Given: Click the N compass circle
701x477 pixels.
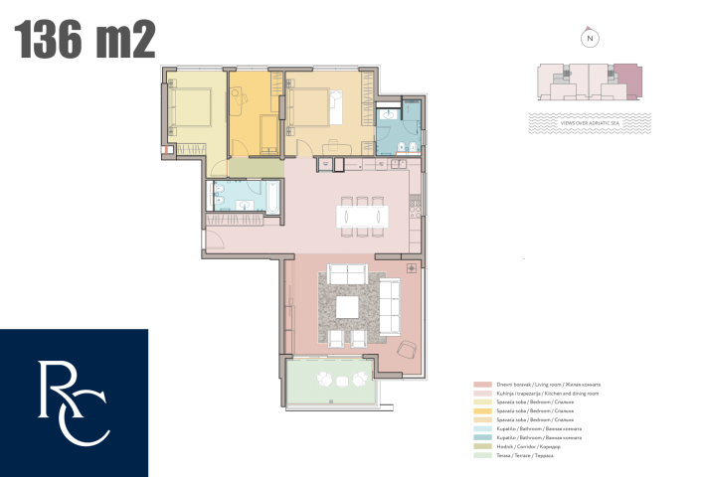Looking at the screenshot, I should pyautogui.click(x=590, y=39).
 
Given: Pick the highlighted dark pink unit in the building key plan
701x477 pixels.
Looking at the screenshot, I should pyautogui.click(x=627, y=79).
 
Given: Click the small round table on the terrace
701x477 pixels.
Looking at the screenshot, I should pyautogui.click(x=341, y=382).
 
